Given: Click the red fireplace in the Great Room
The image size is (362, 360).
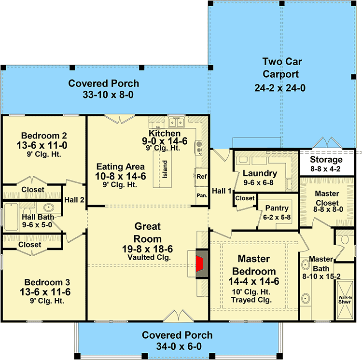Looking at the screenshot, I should (x=199, y=264).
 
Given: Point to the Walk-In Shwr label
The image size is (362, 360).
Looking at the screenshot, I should (x=344, y=300).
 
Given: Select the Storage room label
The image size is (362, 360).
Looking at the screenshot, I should (x=326, y=159).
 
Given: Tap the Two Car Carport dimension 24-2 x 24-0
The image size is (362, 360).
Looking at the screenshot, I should (x=280, y=88).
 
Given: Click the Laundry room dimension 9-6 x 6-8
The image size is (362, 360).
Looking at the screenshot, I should (x=260, y=182).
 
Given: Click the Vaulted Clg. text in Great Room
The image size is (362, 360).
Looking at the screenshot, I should (x=148, y=258).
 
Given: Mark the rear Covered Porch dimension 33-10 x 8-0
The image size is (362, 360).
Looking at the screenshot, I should (x=104, y=94).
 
